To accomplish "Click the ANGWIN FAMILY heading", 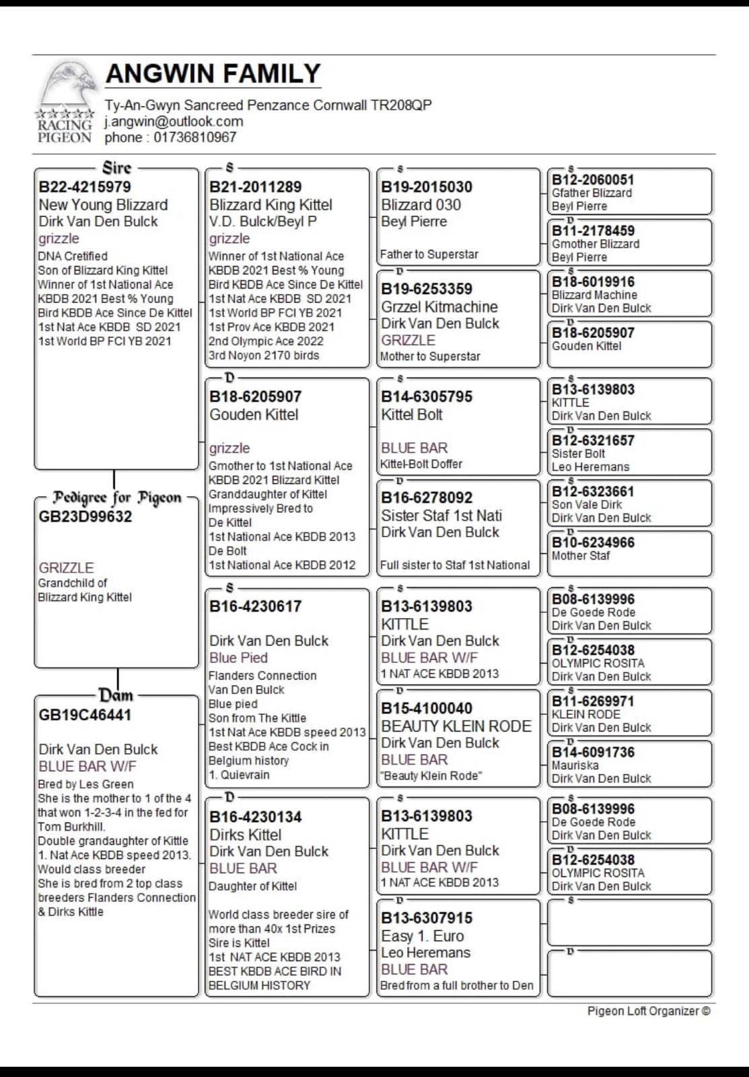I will (x=213, y=73).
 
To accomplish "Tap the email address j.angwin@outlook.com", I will (x=174, y=122).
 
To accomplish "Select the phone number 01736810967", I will (x=195, y=137).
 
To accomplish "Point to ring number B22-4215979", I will (x=85, y=187).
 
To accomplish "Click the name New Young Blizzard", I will (x=103, y=205).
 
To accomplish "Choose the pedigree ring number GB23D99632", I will (x=85, y=517).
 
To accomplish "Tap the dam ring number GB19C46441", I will (x=85, y=715).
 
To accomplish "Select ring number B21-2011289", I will (x=256, y=187).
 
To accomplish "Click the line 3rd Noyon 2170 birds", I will (x=264, y=355).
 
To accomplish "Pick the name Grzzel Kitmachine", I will (x=439, y=307).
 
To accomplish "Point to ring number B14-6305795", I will (x=427, y=397).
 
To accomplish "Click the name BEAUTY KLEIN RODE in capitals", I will (x=456, y=726).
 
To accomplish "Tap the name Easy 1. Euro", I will (x=423, y=936).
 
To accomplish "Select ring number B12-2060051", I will (x=593, y=180).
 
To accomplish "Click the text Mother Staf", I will (x=581, y=556).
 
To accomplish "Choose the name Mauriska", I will (x=575, y=765).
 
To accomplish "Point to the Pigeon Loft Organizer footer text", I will (x=648, y=1011).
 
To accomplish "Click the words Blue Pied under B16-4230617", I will (x=238, y=658).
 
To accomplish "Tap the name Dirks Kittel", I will (x=246, y=835).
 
